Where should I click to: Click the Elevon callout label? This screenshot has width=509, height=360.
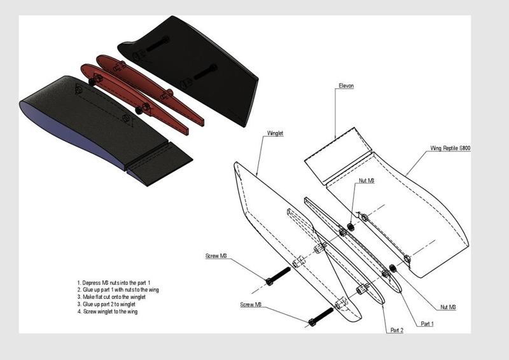(346, 86)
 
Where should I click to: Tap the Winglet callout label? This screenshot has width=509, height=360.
(275, 133)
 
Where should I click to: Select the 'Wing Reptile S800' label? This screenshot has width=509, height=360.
(450, 148)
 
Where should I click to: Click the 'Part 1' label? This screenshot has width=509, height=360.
(427, 324)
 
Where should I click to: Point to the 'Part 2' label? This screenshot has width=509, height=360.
(396, 330)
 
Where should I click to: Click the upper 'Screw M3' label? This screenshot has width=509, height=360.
(216, 256)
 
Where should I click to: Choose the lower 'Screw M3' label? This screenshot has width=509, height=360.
(251, 305)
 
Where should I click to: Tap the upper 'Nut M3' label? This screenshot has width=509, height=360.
(366, 181)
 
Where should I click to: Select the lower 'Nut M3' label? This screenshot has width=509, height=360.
(448, 307)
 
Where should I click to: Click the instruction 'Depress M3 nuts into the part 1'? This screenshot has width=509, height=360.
(114, 283)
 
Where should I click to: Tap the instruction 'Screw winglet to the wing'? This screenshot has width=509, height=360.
(108, 311)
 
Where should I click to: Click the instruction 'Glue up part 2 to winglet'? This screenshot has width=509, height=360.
(106, 304)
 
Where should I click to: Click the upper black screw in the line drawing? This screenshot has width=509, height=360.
(278, 275)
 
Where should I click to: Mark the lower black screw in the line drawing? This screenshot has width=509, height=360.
(321, 317)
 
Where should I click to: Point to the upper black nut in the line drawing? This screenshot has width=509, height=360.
(351, 226)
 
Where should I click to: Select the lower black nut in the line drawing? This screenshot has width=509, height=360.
(393, 268)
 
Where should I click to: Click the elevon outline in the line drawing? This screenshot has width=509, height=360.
(338, 156)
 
